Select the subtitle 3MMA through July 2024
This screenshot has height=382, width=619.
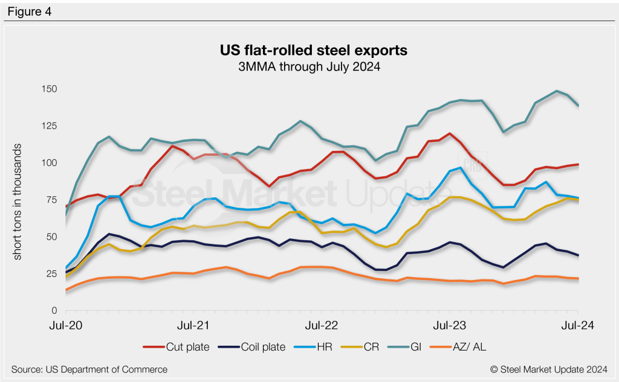pyautogui.click(x=314, y=68)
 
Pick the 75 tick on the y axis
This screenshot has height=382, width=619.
pyautogui.click(x=51, y=200)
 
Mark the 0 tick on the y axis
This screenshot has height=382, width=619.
pyautogui.click(x=53, y=311)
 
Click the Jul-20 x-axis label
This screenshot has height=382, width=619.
pyautogui.click(x=65, y=325)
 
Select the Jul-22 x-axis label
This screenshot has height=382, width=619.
pyautogui.click(x=322, y=325)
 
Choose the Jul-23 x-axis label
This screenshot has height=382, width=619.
pyautogui.click(x=450, y=325)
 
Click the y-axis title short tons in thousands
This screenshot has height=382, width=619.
pyautogui.click(x=18, y=202)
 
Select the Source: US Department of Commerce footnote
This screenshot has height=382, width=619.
pyautogui.click(x=89, y=369)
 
